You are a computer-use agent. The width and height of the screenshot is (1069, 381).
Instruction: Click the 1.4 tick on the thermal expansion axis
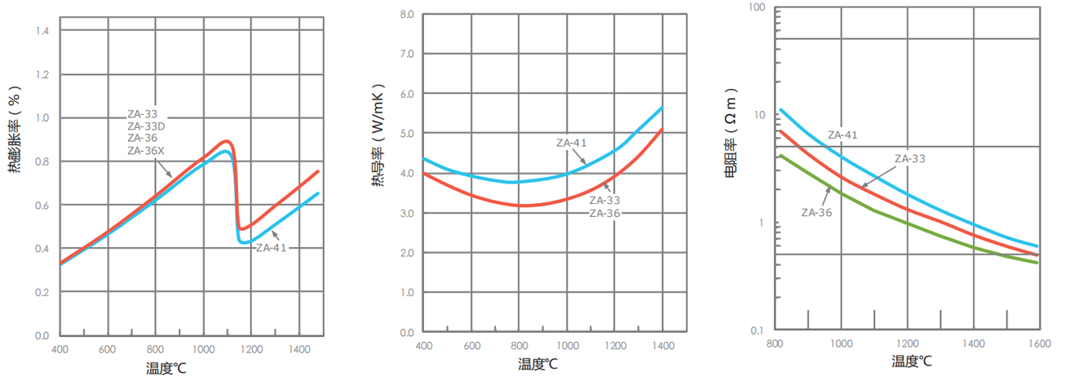point(41,31)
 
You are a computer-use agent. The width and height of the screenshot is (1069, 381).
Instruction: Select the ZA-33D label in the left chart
point(146,126)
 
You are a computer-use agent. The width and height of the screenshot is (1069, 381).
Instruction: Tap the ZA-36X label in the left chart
point(146,151)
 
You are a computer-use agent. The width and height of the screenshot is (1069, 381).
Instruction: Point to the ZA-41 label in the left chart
point(272,247)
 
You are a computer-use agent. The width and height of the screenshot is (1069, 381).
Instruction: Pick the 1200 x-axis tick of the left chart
point(251,349)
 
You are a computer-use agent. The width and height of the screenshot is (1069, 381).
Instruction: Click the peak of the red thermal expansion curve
point(226,142)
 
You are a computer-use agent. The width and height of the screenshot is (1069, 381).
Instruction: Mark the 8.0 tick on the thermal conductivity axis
point(407,15)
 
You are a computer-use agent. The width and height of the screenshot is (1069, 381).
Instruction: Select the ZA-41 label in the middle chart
point(572,143)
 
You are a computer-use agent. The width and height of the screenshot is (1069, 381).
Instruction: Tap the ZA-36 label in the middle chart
point(605,212)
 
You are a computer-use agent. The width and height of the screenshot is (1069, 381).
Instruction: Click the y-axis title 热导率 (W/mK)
point(378,135)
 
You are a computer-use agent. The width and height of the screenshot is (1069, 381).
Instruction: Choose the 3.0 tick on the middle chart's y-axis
point(407,214)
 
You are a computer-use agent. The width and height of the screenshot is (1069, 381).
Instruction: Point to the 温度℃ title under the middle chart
point(538,364)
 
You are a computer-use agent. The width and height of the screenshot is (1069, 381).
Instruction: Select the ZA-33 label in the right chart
point(910,158)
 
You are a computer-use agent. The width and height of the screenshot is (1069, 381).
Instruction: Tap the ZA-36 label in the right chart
point(816,212)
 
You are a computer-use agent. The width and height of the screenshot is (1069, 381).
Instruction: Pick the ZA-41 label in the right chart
point(842,135)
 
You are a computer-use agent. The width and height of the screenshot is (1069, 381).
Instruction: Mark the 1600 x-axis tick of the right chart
point(1039,344)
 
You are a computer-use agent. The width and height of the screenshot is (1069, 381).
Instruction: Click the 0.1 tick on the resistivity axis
point(758,330)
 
